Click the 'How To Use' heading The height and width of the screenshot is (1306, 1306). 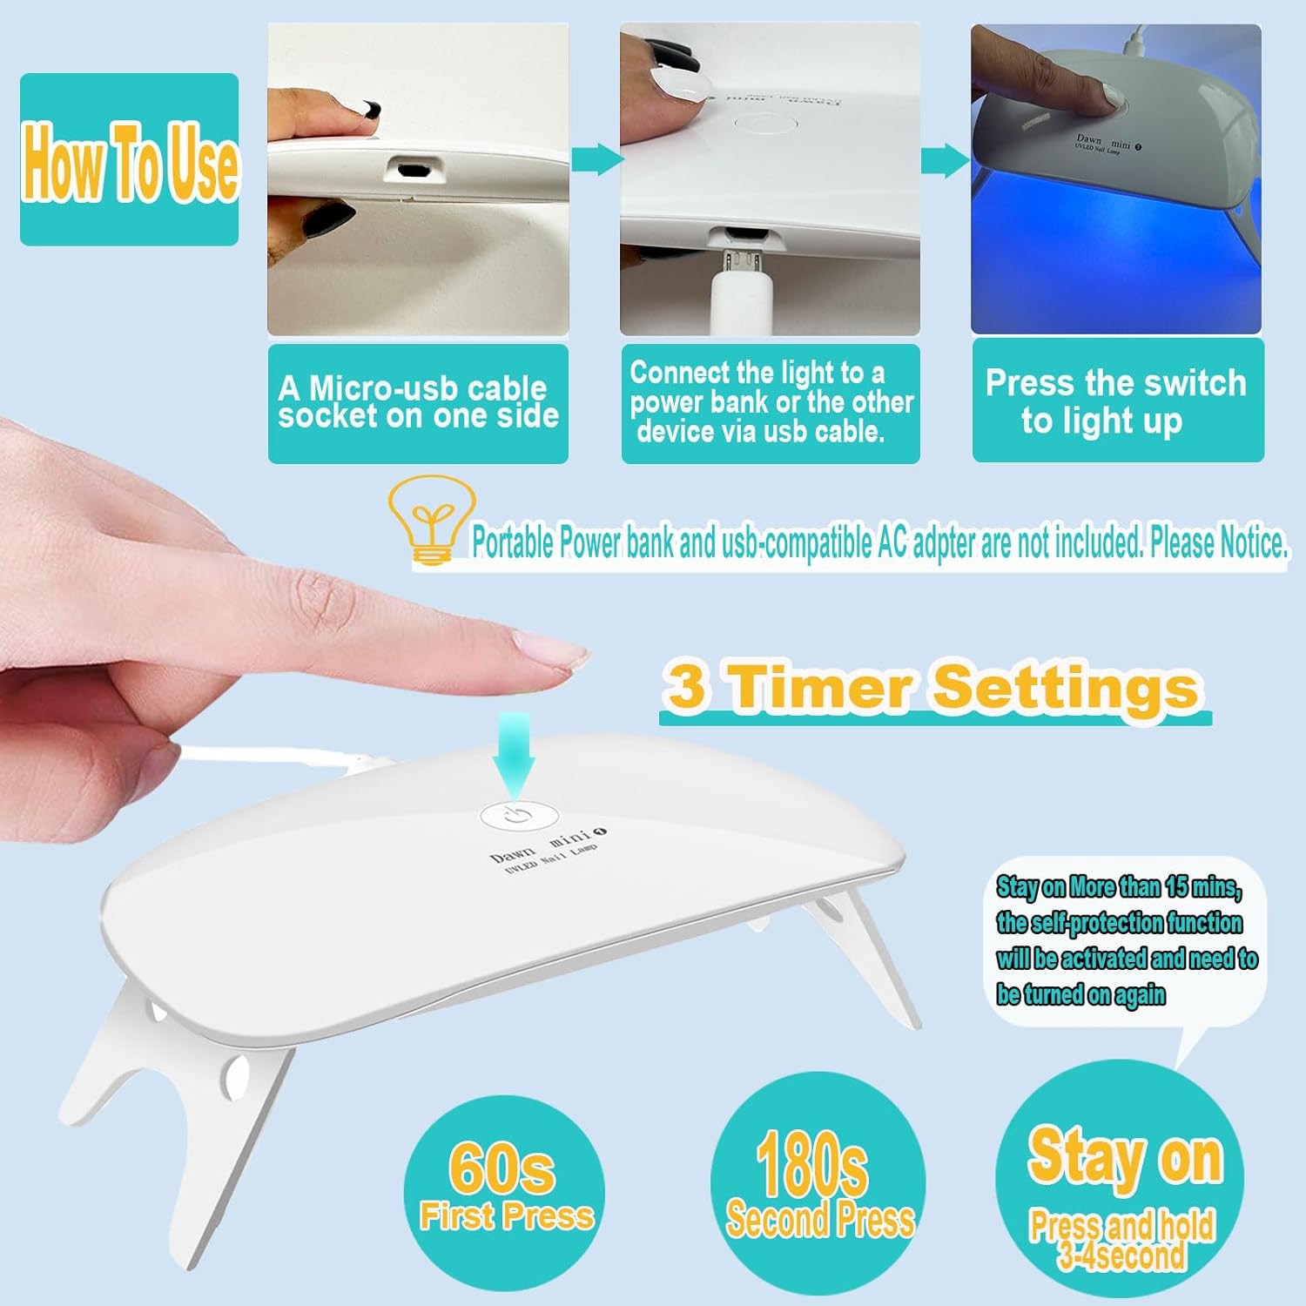[x=130, y=162]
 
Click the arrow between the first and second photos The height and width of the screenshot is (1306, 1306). [x=597, y=159]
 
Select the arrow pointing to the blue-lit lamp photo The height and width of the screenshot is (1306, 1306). [x=946, y=160]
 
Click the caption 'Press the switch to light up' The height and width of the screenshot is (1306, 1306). [x=1116, y=401]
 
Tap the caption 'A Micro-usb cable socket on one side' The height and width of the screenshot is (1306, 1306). [x=418, y=402]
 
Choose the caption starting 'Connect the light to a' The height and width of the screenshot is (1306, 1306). [x=771, y=402]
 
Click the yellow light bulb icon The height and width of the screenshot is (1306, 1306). [x=431, y=519]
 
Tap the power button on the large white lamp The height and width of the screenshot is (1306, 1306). [x=518, y=816]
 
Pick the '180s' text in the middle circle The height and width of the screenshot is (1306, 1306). [x=811, y=1165]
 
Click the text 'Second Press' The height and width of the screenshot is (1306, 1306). [x=820, y=1220]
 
